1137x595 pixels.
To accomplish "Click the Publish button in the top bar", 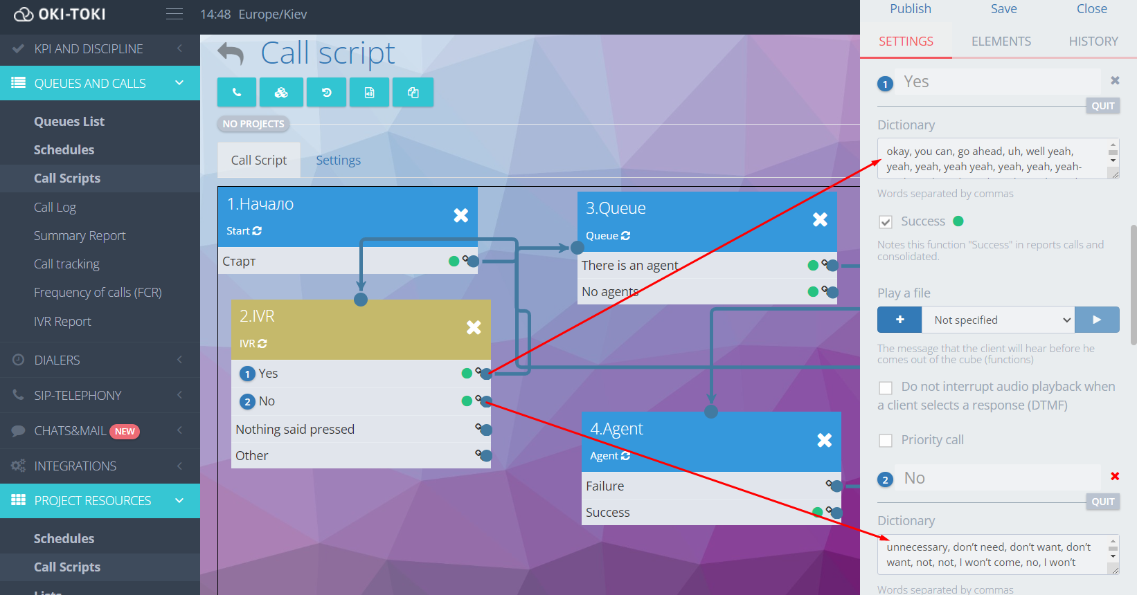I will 910,9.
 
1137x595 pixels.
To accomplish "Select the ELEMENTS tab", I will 1001,42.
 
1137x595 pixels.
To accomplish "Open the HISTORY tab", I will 1093,42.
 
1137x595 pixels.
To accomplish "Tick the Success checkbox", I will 886,222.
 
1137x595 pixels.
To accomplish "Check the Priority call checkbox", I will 886,441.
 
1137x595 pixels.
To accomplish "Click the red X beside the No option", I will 1115,476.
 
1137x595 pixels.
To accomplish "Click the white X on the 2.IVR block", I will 474,327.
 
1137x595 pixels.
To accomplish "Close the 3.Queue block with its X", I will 820,219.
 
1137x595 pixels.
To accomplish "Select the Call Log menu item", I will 55,208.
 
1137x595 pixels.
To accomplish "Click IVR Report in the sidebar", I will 62,322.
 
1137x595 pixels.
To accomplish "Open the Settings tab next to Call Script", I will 338,161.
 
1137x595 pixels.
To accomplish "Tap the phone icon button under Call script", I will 237,93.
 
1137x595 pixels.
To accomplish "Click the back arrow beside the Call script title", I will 231,54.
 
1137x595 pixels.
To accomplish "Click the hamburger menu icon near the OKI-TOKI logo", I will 174,14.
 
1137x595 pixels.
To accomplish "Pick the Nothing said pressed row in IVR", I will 295,430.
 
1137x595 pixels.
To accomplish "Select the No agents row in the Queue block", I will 610,292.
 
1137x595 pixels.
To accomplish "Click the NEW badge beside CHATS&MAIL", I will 125,432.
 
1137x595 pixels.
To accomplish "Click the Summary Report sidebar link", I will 80,236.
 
